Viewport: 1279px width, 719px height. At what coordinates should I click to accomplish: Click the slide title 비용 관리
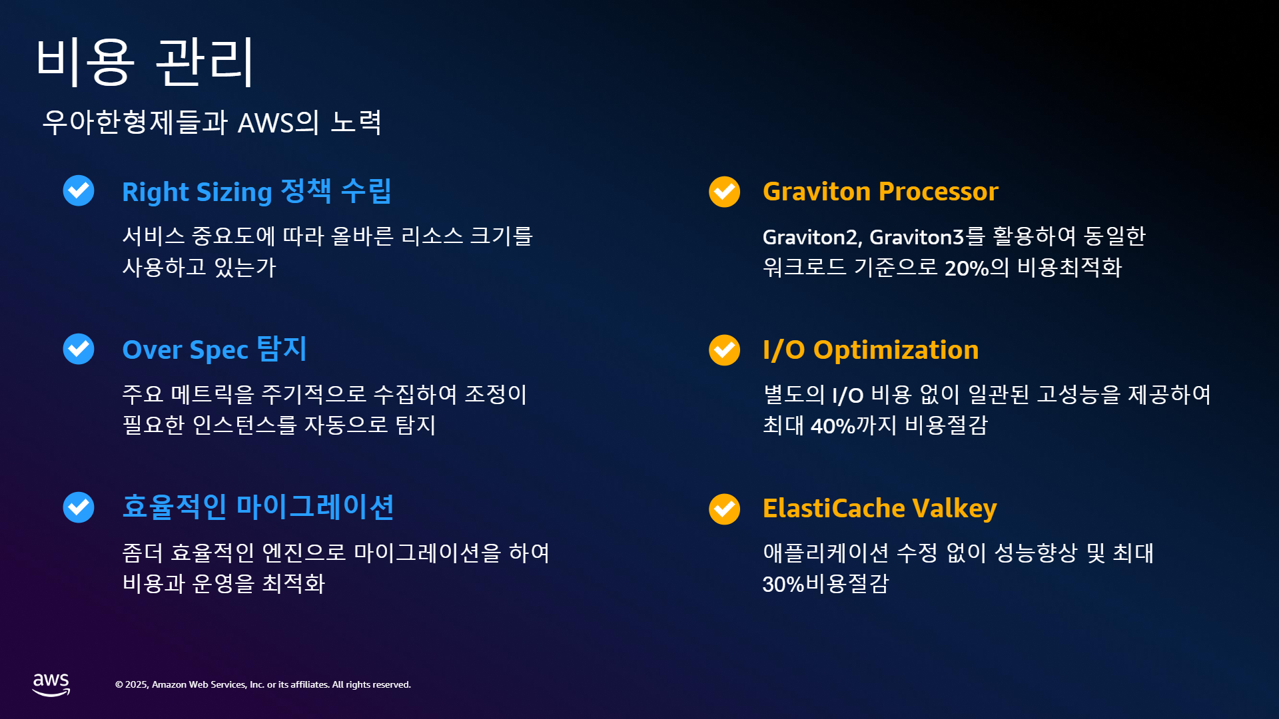click(x=145, y=61)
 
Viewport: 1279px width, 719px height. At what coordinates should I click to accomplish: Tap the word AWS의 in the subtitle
click(x=278, y=122)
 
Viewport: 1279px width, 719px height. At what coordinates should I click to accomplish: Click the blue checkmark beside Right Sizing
click(x=79, y=190)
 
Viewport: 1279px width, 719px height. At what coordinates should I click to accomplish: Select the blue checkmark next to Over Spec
click(x=79, y=349)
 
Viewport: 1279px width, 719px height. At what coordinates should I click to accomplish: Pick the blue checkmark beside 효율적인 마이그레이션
click(x=79, y=507)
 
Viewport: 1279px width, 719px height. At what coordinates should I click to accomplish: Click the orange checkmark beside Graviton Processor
click(x=725, y=192)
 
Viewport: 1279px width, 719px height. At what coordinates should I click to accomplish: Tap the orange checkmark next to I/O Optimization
click(x=725, y=350)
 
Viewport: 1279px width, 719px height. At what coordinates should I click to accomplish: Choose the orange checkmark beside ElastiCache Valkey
click(x=725, y=509)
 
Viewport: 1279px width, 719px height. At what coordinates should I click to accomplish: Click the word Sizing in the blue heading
click(x=234, y=193)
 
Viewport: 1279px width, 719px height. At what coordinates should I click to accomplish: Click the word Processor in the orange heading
click(x=939, y=192)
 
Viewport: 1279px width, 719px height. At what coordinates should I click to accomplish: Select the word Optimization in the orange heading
click(x=896, y=350)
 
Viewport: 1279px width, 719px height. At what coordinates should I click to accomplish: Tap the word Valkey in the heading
click(x=955, y=509)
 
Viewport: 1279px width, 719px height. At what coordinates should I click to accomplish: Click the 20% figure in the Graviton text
click(x=967, y=268)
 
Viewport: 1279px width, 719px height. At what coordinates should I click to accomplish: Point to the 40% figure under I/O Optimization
click(x=833, y=426)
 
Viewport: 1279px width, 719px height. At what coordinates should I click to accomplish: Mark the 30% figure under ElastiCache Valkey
click(x=783, y=585)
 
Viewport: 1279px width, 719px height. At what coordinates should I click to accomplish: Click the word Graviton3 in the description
click(x=917, y=237)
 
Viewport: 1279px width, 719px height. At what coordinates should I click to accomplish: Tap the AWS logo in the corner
click(x=51, y=684)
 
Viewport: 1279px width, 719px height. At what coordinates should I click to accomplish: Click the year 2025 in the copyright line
click(x=137, y=685)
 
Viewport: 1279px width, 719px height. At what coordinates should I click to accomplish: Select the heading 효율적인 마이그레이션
click(x=258, y=507)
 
